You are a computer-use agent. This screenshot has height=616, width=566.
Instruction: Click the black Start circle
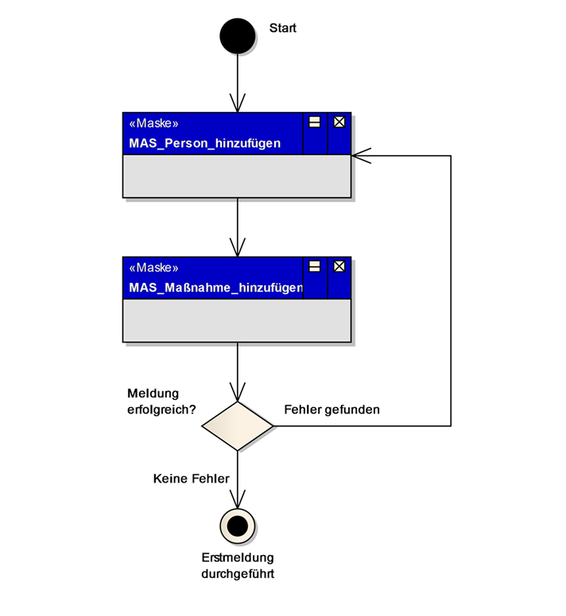237,36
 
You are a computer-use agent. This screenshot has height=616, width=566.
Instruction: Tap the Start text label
282,29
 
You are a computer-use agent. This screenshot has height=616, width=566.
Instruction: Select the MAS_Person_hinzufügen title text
204,144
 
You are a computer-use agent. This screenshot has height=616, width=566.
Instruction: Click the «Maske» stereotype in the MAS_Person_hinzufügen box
153,124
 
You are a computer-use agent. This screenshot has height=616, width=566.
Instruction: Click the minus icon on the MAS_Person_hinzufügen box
315,122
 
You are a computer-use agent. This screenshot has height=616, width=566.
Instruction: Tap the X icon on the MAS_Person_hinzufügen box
339,122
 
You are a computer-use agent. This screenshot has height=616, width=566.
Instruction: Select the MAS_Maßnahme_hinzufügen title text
215,288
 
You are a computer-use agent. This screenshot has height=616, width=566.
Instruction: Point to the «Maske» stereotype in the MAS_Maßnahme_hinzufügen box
153,268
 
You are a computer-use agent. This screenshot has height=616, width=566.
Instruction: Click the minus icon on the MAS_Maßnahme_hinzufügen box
315,266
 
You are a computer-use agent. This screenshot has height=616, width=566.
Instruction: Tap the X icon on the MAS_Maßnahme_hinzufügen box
339,266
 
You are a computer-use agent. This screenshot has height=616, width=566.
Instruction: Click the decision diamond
238,426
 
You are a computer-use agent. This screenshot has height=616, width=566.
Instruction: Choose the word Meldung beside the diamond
153,393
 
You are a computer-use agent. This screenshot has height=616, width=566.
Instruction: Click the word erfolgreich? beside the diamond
161,410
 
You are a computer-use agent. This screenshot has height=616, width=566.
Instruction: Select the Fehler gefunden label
331,410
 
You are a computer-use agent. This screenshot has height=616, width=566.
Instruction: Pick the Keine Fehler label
191,478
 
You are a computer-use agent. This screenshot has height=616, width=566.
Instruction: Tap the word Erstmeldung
237,557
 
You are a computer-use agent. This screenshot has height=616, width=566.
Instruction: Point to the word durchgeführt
237,573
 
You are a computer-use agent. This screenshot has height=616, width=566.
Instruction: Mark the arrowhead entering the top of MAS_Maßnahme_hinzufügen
237,248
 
